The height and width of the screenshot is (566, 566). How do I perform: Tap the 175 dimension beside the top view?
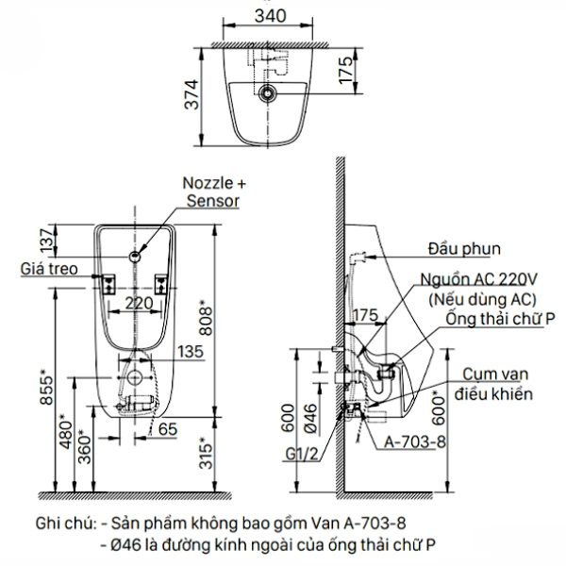[345, 68]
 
